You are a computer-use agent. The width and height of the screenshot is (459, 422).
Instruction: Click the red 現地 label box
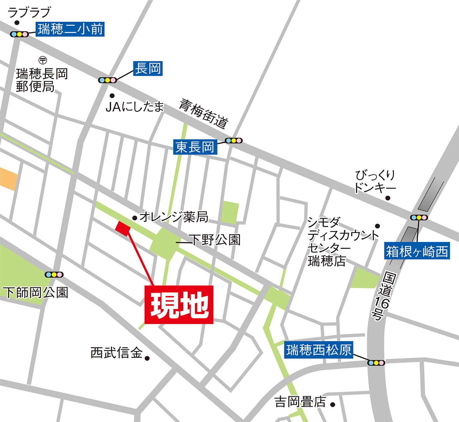point(179,305)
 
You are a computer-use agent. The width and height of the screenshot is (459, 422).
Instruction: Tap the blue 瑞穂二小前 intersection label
point(70,29)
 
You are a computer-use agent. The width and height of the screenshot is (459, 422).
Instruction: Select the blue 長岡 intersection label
point(148,69)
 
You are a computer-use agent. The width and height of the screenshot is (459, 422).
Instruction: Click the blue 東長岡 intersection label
point(195,147)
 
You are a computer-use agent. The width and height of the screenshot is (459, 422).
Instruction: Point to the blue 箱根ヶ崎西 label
point(417,251)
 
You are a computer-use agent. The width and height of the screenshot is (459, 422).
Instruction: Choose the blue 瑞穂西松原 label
point(319,350)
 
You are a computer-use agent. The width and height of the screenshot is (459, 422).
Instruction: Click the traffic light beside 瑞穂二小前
point(19,34)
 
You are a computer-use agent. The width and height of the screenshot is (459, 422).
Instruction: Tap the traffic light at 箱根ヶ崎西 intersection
point(419,217)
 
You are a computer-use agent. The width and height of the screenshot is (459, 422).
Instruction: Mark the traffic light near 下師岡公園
point(54,275)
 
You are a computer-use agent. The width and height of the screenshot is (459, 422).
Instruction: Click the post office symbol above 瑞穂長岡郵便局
point(43,60)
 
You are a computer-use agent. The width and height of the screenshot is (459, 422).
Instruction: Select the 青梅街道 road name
point(204,114)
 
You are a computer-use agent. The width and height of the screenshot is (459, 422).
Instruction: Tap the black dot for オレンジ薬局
point(135,218)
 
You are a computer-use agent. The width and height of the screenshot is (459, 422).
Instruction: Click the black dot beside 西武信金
point(147,358)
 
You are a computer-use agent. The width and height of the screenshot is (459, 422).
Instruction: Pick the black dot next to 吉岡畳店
point(332,405)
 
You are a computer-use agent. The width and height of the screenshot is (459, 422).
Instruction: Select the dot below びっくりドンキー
point(388,198)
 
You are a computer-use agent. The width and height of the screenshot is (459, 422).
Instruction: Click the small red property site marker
point(123,228)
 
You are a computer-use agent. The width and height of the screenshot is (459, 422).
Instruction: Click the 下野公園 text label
point(215,240)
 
